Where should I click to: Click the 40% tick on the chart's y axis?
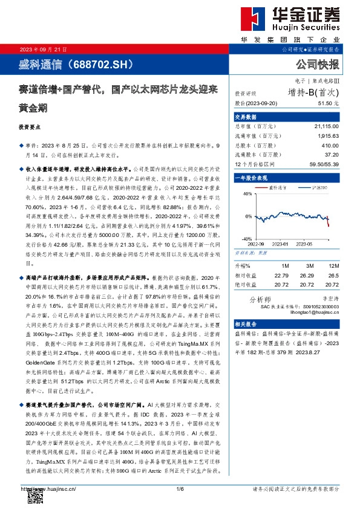pyautogui.click(x=247, y=194)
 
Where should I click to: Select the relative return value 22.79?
pyautogui.click(x=281, y=274)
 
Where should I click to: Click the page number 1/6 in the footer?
pyautogui.click(x=180, y=488)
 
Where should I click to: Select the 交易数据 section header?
pyautogui.click(x=244, y=117)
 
